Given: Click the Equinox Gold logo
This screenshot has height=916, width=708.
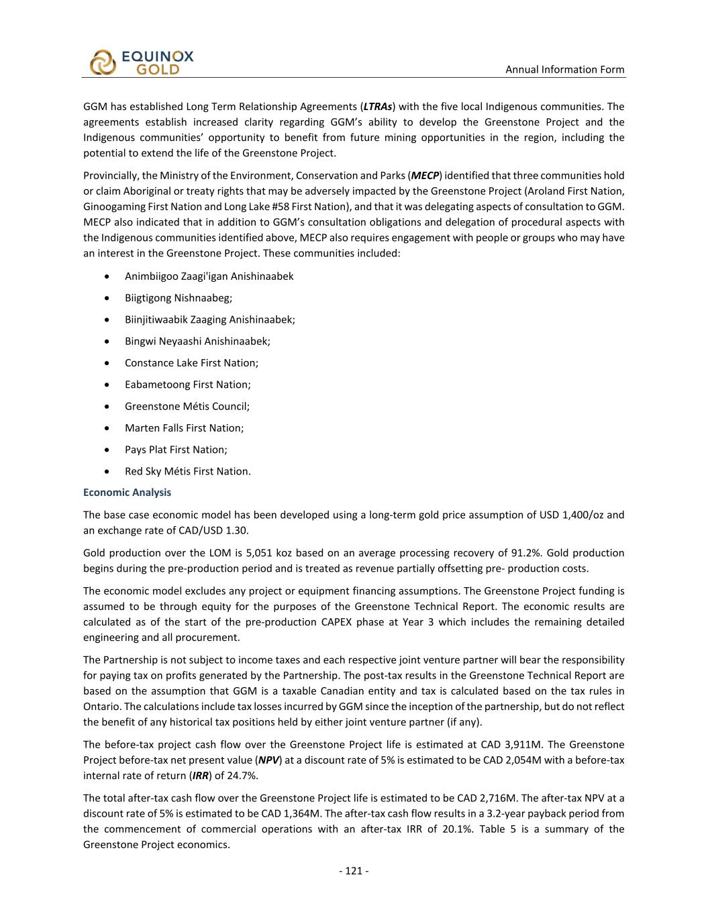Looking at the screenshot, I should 141,62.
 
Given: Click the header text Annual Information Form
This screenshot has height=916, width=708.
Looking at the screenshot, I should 564,69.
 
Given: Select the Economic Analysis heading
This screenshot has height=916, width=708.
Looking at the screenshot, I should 127,493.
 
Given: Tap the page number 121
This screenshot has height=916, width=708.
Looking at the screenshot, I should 354,871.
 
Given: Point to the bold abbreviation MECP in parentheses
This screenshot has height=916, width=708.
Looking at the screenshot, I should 425,176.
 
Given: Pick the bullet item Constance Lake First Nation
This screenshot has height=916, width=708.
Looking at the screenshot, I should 191,363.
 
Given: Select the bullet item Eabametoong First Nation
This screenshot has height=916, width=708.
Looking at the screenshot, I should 187,385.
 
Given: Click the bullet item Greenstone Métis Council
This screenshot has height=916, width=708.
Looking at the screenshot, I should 187,406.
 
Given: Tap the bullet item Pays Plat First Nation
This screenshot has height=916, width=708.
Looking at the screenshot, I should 176,450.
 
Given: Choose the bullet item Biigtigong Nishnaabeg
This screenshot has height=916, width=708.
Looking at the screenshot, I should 178,298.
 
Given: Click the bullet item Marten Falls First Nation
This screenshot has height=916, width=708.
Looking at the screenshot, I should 184,428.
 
